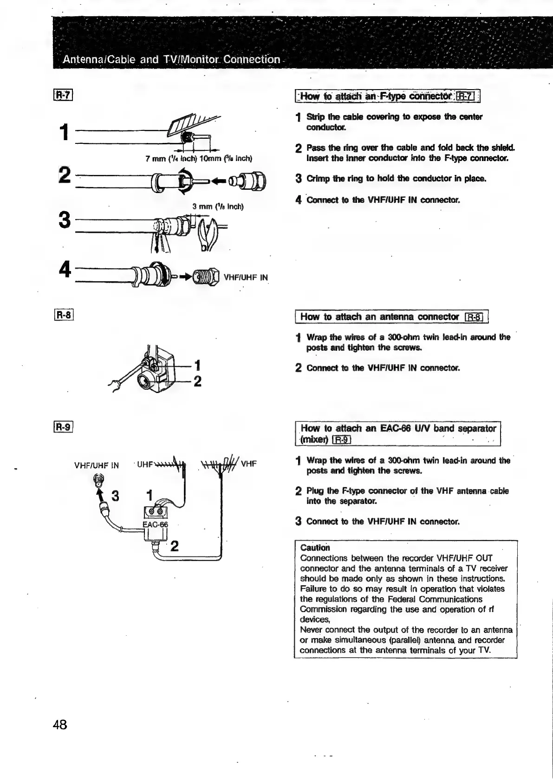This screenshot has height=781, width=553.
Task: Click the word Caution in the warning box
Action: (x=315, y=548)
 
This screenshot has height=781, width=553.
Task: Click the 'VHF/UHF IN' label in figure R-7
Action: (x=246, y=278)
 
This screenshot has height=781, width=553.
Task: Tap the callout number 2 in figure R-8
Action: (x=197, y=381)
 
